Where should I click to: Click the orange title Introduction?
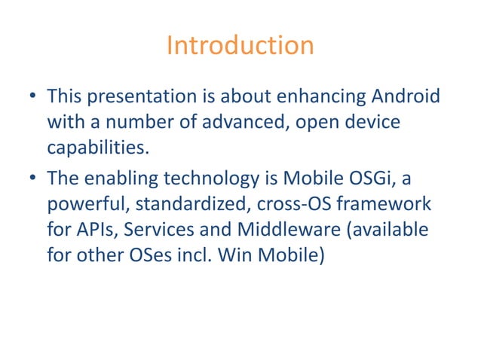(x=240, y=46)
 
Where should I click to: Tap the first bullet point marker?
(x=33, y=98)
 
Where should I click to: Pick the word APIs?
(x=98, y=229)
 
